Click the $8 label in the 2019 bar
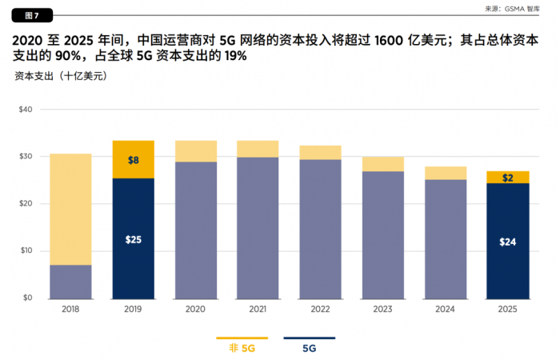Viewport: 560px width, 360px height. (x=133, y=160)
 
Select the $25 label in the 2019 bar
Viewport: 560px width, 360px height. (x=133, y=239)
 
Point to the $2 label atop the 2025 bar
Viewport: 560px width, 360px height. (x=508, y=178)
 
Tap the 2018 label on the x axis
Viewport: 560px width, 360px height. (x=70, y=310)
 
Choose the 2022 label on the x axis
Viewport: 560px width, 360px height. (x=321, y=310)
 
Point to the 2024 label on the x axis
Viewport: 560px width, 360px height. (x=446, y=310)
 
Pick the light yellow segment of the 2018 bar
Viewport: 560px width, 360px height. (x=70, y=209)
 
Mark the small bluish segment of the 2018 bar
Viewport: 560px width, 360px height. (x=70, y=281)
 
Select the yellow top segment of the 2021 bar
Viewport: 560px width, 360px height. (x=258, y=149)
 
